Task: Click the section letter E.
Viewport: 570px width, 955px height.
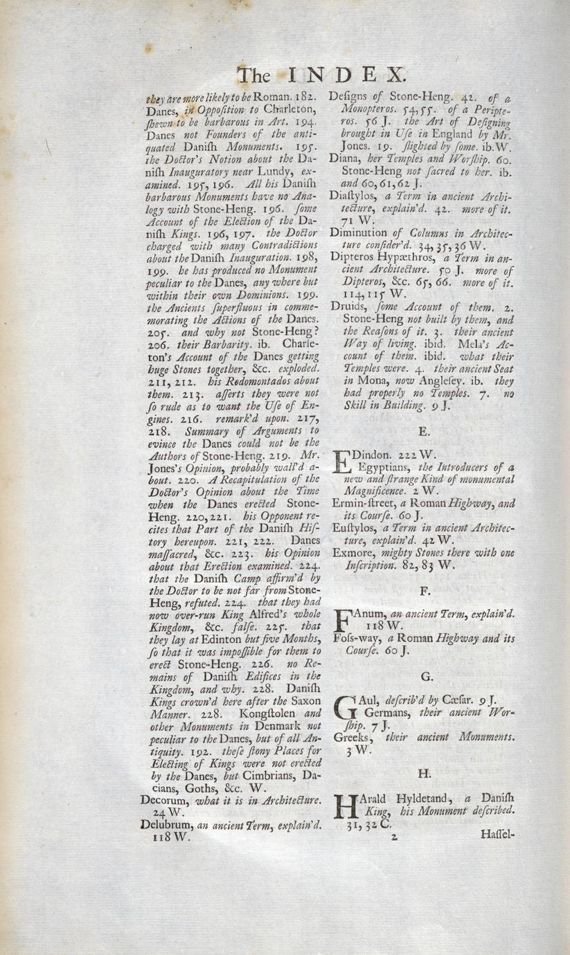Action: tap(425, 431)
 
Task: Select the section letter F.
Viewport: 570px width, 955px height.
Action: tap(425, 591)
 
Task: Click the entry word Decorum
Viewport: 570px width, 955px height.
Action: tap(164, 802)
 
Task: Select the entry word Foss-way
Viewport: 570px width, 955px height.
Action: tap(357, 639)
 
